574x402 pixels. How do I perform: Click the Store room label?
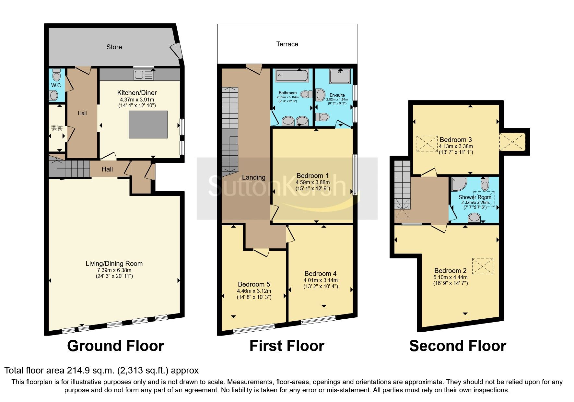[114, 47]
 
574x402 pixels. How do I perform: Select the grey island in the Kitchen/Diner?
[148, 124]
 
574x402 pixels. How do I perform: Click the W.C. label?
[56, 85]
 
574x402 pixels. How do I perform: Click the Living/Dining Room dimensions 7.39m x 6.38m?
[114, 270]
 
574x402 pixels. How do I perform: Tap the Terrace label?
[287, 44]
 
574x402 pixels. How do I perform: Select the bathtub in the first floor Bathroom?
[292, 76]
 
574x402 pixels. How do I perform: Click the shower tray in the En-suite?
[340, 76]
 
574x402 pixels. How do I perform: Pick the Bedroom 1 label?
[312, 176]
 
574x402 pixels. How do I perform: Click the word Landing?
[253, 177]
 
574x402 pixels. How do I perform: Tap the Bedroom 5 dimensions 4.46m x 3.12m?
[254, 291]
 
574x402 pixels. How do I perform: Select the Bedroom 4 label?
[320, 274]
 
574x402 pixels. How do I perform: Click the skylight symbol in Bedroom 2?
[482, 266]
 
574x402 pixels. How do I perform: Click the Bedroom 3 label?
[455, 140]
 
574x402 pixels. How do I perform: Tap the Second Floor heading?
[457, 346]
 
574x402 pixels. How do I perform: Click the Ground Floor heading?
[115, 346]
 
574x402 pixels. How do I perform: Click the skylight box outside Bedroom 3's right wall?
[512, 142]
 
